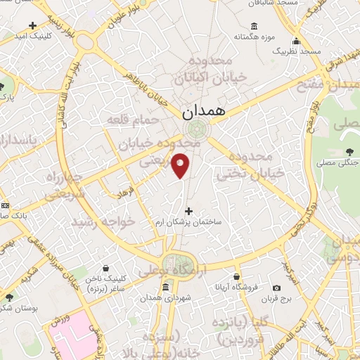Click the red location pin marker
pos(181,165)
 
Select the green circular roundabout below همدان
pos(198,129)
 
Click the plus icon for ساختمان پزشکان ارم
pos(188,210)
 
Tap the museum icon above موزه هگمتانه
pos(254,26)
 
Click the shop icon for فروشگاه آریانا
pos(237,276)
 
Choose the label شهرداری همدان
pos(165,298)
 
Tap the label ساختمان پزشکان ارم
pos(189,221)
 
